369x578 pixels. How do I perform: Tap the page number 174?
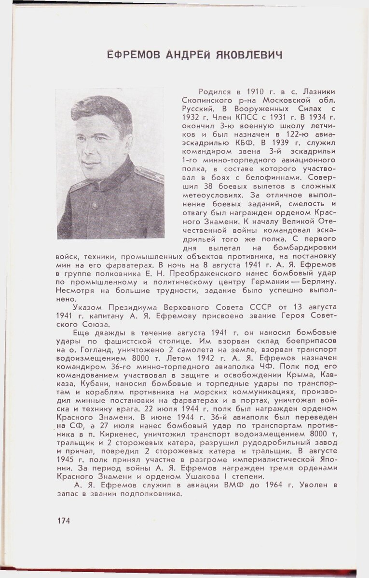coord(64,521)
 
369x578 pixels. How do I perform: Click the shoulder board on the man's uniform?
coord(147,173)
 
